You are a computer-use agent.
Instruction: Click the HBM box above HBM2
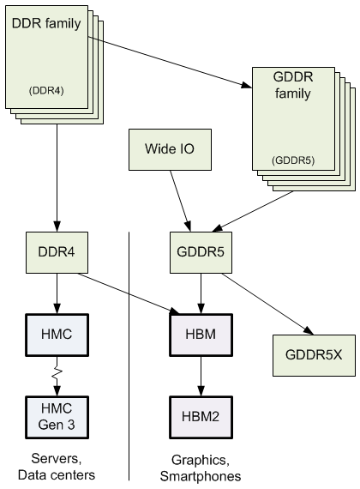[x=200, y=330]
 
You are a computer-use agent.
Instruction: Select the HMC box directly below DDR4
[x=57, y=330]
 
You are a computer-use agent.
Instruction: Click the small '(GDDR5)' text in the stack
[x=290, y=160]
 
